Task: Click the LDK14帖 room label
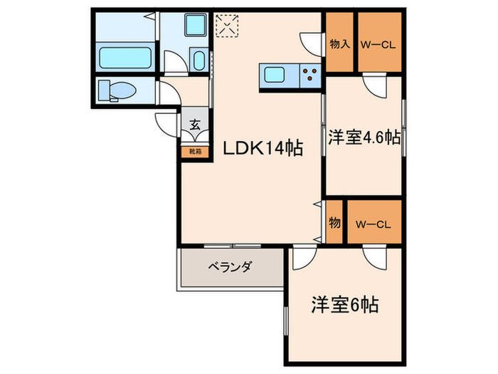(x=264, y=148)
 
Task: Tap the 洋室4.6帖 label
(x=363, y=137)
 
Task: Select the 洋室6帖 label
(x=344, y=306)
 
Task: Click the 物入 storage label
(x=339, y=44)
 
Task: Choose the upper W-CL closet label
(x=378, y=44)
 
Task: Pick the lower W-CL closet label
(x=373, y=224)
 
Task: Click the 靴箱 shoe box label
(x=195, y=151)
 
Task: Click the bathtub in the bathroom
(x=125, y=58)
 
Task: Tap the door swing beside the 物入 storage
(x=311, y=42)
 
